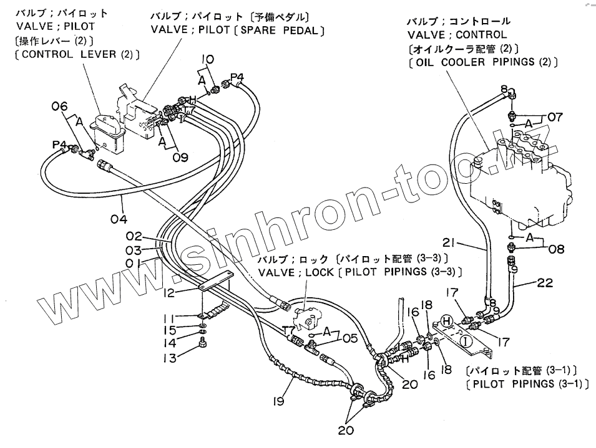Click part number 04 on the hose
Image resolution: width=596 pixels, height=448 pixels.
[119, 219]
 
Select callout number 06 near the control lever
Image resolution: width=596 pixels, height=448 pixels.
[59, 107]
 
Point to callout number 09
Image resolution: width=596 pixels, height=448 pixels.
[180, 158]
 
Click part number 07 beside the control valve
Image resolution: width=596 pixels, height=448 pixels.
[555, 116]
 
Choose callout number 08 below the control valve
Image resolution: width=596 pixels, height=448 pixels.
[556, 249]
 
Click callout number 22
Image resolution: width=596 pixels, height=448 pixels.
[545, 284]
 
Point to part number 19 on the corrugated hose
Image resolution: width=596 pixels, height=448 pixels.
[278, 401]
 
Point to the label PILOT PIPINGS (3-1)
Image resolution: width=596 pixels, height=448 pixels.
[527, 383]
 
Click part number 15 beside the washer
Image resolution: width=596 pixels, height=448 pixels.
[177, 330]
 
